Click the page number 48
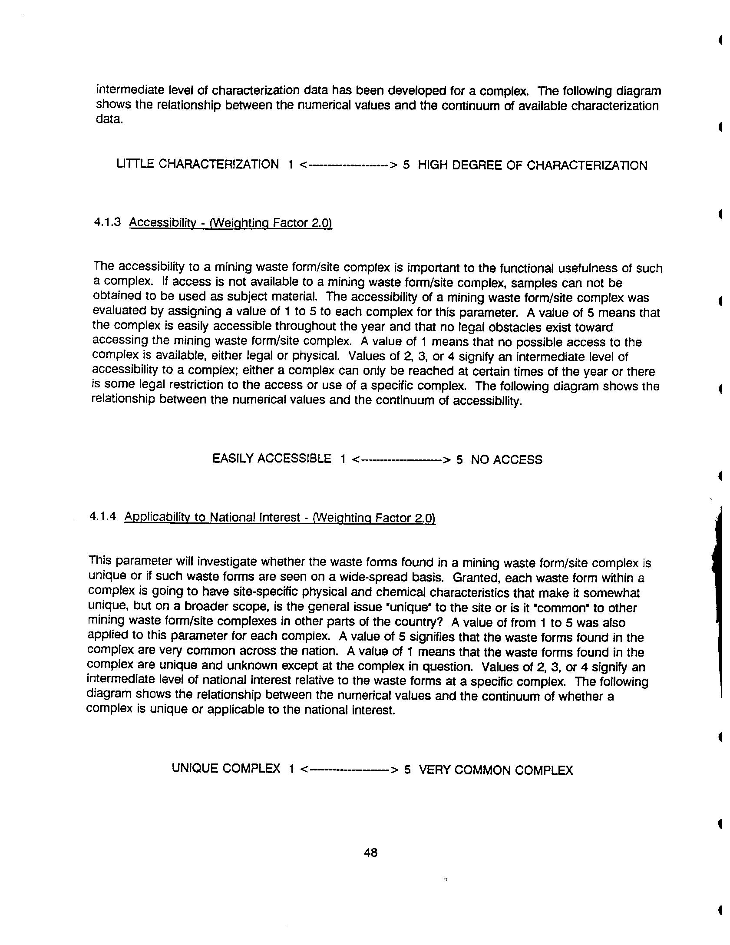tap(370, 852)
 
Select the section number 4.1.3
tap(107, 222)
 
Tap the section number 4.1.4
tap(102, 516)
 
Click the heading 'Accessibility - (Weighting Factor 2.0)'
tap(230, 223)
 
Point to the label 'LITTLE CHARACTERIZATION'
tap(198, 164)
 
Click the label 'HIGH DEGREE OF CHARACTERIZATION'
tap(532, 165)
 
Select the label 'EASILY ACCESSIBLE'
tap(272, 459)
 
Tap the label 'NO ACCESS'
tap(506, 459)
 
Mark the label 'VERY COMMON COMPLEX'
tap(496, 770)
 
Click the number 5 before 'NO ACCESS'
tap(459, 459)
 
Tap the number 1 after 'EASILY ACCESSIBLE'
tap(343, 459)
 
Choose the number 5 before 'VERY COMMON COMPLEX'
tap(407, 770)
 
